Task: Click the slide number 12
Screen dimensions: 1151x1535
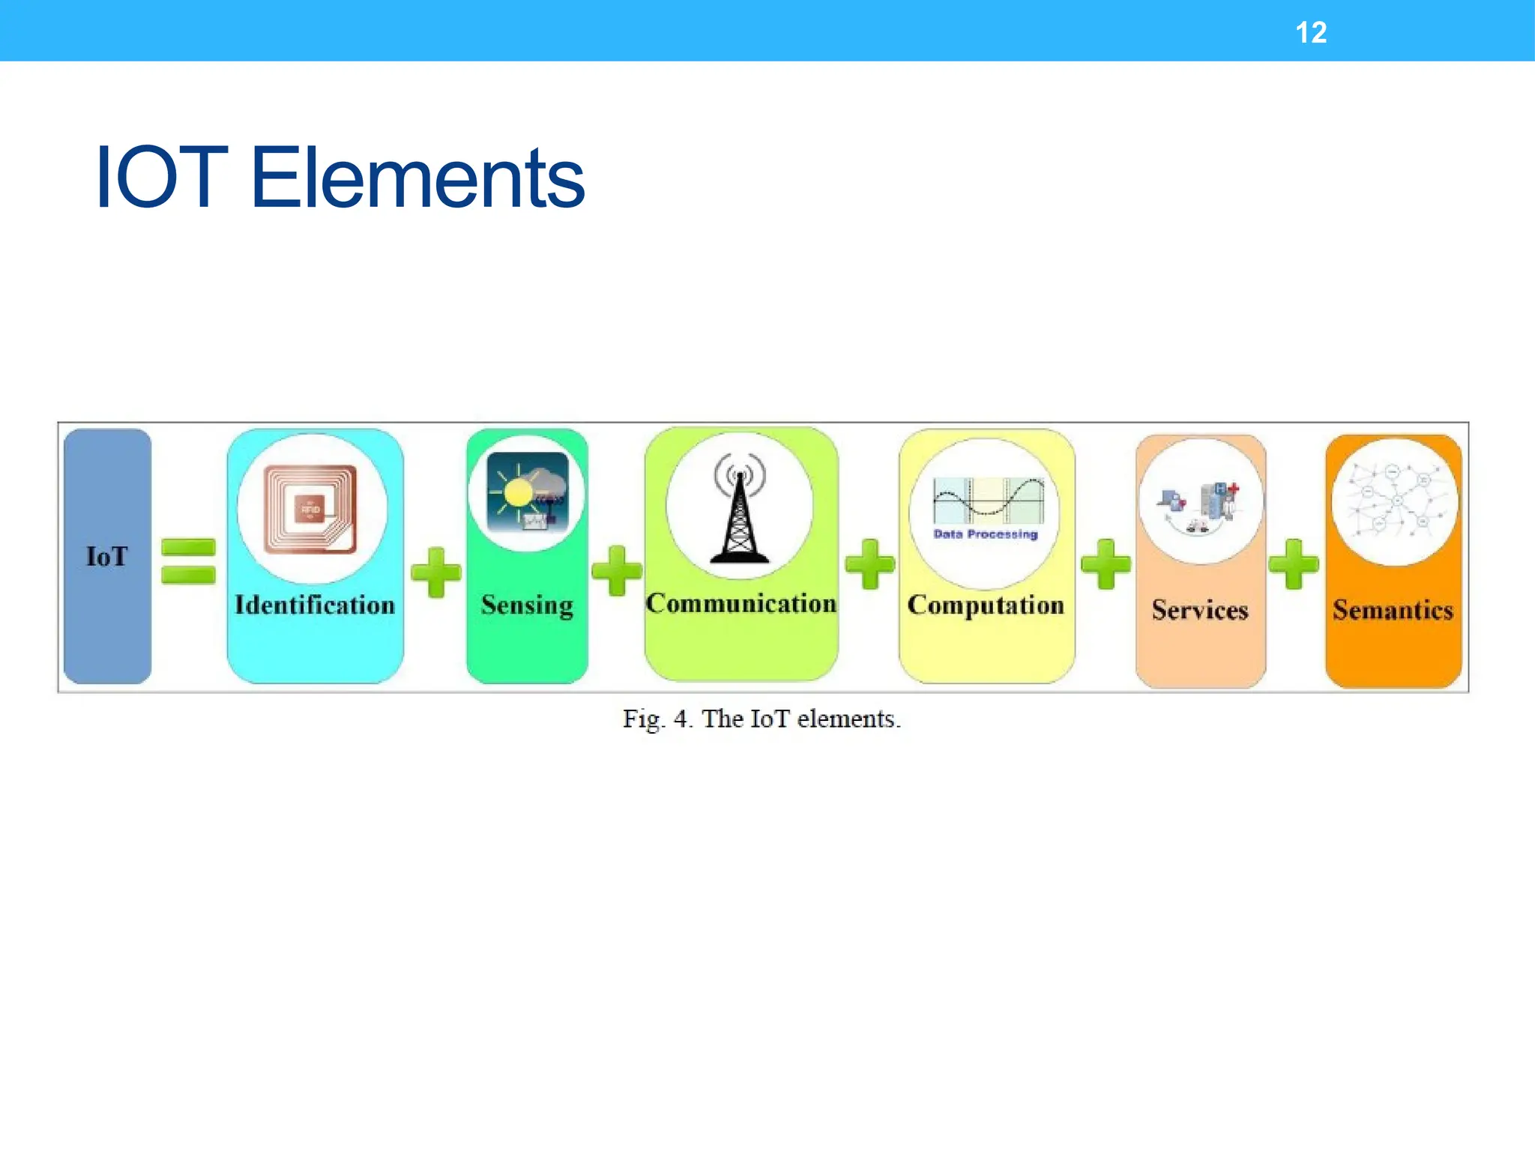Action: click(x=1311, y=33)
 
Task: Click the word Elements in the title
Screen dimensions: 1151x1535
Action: click(x=417, y=178)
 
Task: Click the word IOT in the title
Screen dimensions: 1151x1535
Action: click(x=161, y=178)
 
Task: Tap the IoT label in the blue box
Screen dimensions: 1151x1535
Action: click(x=106, y=557)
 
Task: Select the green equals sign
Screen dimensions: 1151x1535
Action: click(x=188, y=561)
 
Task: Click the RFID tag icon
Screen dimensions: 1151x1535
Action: click(x=310, y=509)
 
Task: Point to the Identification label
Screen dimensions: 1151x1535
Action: click(x=315, y=605)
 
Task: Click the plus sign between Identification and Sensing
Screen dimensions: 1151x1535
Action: click(x=435, y=573)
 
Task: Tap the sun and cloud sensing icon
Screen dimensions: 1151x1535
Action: click(x=528, y=492)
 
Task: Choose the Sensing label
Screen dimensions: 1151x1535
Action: click(x=527, y=605)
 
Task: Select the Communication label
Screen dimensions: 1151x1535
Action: click(x=741, y=603)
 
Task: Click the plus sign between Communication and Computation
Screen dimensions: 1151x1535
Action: click(x=869, y=564)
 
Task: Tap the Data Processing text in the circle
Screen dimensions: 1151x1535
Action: click(x=985, y=534)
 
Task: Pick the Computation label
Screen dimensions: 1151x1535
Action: click(x=986, y=605)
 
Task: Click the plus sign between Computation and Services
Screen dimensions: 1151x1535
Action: click(x=1106, y=564)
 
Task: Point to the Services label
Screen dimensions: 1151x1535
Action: click(x=1200, y=610)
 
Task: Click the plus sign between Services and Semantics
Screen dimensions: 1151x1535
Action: click(x=1294, y=564)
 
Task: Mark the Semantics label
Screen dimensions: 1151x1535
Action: click(x=1393, y=610)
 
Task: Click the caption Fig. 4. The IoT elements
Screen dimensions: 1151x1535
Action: click(x=762, y=719)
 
